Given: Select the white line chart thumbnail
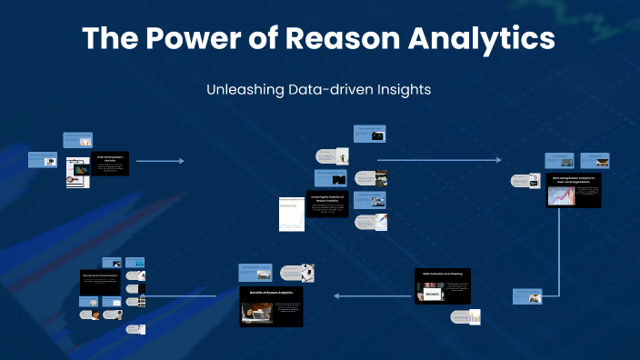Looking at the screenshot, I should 289,215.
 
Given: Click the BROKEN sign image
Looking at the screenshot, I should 431,293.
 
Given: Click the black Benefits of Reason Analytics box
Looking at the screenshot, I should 271,306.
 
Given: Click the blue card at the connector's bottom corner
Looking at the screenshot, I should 528,295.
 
